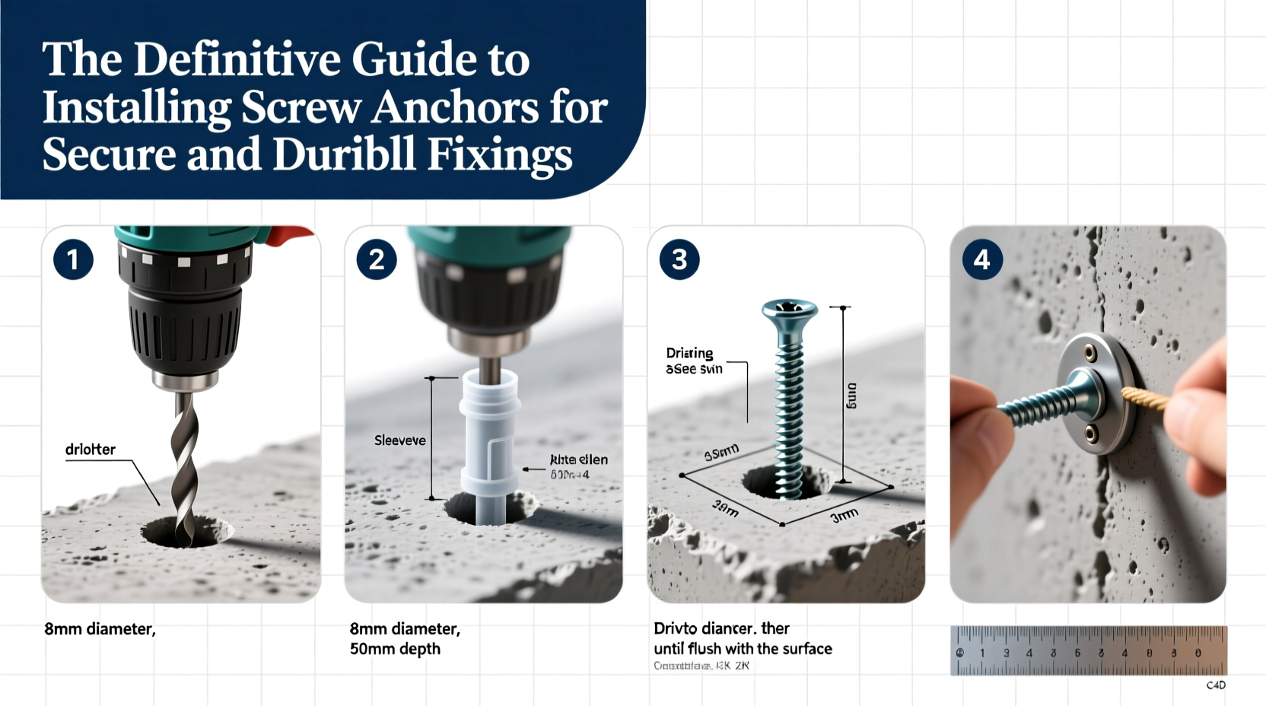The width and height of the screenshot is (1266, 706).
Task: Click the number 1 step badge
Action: [x=73, y=260]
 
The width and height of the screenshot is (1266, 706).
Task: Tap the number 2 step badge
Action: [x=376, y=260]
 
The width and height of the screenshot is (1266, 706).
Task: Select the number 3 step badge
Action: [x=679, y=260]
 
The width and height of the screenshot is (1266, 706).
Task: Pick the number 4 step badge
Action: [x=981, y=260]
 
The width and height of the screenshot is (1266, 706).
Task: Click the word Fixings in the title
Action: [x=499, y=154]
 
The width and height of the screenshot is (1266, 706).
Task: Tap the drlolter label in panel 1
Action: [x=90, y=450]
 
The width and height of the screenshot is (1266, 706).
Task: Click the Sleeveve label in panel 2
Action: [x=399, y=440]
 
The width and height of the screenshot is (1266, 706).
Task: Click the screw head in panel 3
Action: [x=790, y=310]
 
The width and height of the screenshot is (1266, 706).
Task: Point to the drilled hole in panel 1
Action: [x=186, y=532]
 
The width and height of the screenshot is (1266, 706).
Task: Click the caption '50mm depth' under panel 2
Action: [x=395, y=649]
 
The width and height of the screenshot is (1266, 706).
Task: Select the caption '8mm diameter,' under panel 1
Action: [x=100, y=629]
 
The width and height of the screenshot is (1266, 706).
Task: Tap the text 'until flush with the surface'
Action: [x=743, y=649]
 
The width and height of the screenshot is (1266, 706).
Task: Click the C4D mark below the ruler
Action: [x=1216, y=685]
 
